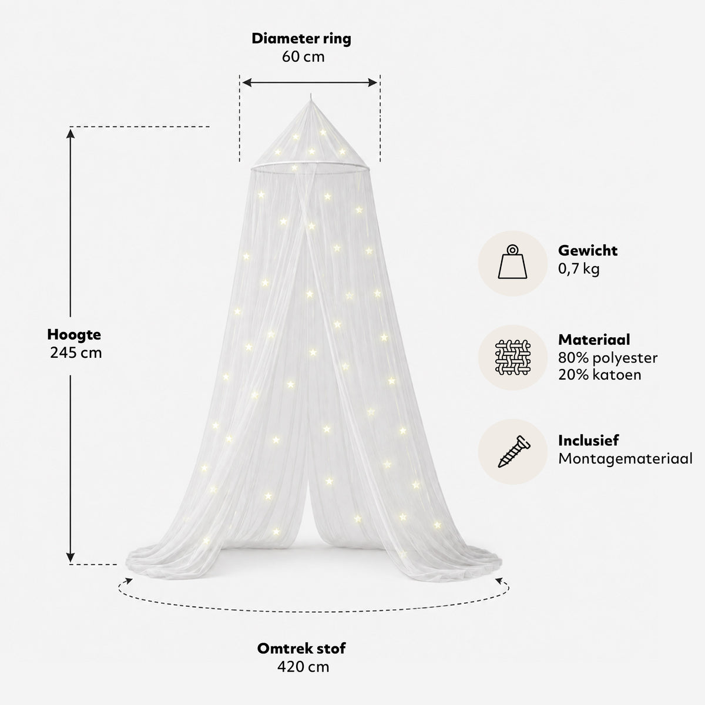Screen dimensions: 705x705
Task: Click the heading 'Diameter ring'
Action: coord(301,39)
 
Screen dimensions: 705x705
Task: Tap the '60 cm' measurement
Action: coord(303,57)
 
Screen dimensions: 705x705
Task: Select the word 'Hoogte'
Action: coord(74,335)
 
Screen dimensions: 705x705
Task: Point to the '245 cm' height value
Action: coord(76,352)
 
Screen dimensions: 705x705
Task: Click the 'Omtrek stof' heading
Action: coord(301,648)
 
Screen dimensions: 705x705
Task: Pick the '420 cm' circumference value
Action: coord(303,667)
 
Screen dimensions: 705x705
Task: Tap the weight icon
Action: coord(512,262)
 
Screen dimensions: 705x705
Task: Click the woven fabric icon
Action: coord(512,357)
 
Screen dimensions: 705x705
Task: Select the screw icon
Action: coord(513,451)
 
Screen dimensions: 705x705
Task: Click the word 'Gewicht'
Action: coord(587,251)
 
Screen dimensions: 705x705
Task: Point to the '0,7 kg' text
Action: coord(579,269)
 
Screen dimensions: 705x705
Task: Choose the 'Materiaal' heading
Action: coord(594,340)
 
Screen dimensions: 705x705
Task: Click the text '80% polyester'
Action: coord(607,358)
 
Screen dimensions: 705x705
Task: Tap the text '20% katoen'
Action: coord(600,375)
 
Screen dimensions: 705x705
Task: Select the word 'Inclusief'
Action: coord(588,441)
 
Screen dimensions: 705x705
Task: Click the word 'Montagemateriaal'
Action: coord(625,458)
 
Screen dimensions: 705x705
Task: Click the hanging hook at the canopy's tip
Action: coord(311,98)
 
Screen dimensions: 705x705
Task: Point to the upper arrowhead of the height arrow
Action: coord(70,134)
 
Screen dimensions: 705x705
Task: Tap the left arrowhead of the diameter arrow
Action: coord(247,83)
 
